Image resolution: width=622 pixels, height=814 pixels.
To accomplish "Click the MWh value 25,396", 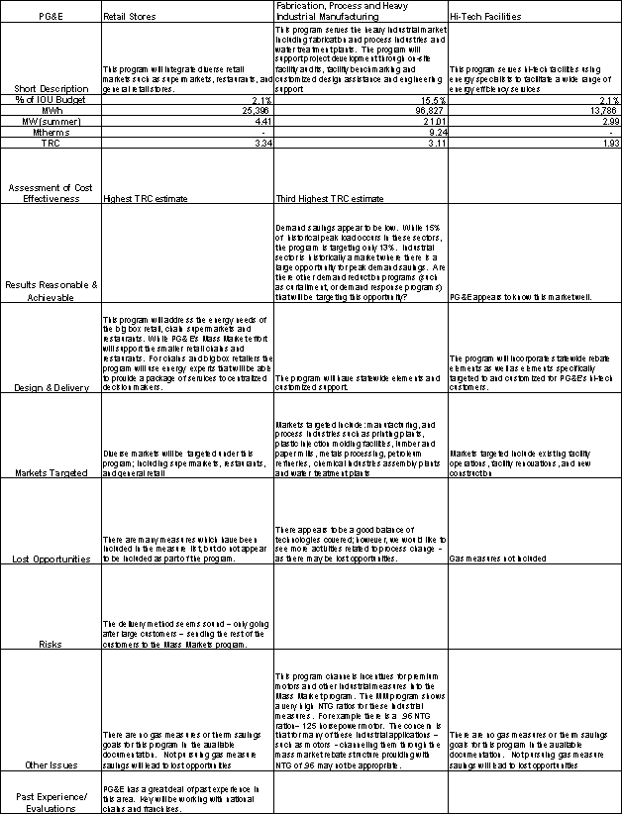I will point(252,110).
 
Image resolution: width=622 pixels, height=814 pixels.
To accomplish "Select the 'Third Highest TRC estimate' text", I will point(323,198).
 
